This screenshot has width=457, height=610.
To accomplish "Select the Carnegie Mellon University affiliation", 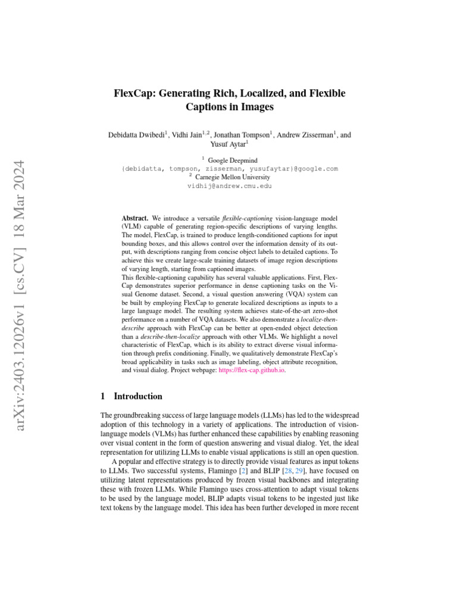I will (x=232, y=177).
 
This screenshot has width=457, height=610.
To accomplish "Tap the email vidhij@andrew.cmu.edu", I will (x=229, y=186).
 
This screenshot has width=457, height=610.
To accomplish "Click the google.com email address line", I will (x=229, y=169).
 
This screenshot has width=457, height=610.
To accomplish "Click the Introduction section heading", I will (x=137, y=396).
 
